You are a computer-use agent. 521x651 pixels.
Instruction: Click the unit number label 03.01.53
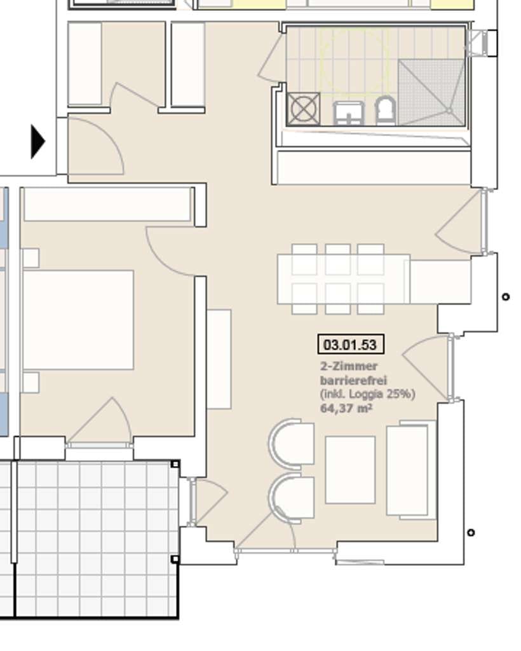point(351,345)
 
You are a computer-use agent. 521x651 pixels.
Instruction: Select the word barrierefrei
point(353,380)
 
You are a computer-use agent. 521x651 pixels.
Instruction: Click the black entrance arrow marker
point(37,142)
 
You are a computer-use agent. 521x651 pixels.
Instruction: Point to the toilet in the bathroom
point(386,111)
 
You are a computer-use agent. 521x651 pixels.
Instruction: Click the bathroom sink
point(349,113)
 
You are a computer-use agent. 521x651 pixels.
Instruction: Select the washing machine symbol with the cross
point(303,109)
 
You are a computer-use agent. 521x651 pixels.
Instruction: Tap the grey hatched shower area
point(431,92)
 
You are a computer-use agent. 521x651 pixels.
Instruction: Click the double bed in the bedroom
point(78,320)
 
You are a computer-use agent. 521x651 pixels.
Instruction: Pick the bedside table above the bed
point(31,258)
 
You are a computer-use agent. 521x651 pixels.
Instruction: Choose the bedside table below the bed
point(31,382)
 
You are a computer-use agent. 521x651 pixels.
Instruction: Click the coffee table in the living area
point(351,470)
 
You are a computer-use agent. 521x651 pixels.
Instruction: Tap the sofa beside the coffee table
point(411,470)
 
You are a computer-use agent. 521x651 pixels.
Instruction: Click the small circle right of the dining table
point(505,296)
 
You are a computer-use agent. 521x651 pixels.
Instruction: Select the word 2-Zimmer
point(349,366)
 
